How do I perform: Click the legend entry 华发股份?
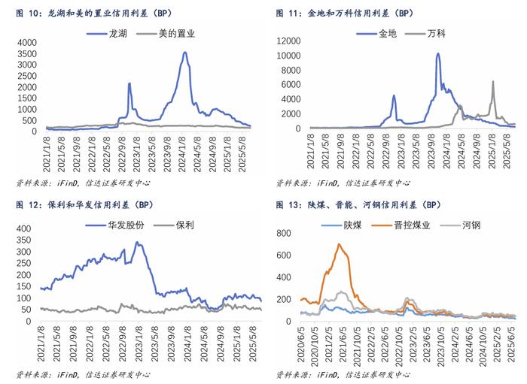(127, 225)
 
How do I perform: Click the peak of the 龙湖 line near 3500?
(184, 53)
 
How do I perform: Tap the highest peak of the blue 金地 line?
(438, 54)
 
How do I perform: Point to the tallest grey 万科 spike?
(493, 81)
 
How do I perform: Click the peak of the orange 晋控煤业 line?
(340, 244)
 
